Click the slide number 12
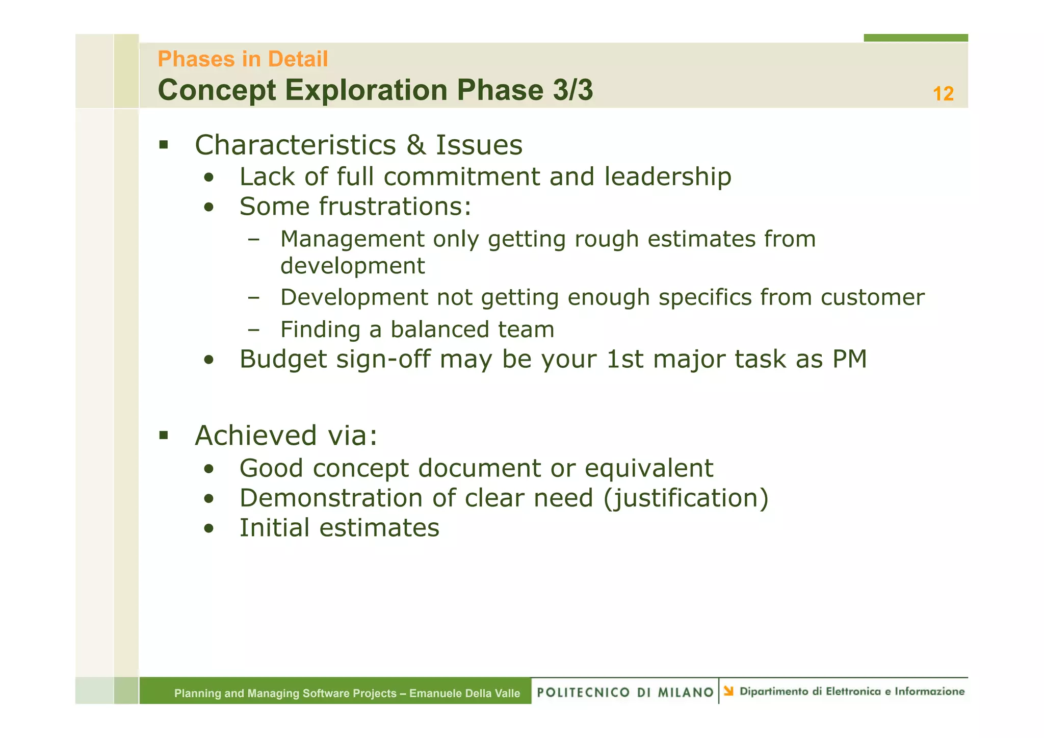click(943, 94)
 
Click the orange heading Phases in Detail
click(243, 59)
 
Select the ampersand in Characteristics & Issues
click(416, 145)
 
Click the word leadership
click(668, 177)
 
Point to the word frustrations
click(395, 207)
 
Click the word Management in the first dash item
click(352, 239)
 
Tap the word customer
click(872, 297)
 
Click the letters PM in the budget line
click(849, 359)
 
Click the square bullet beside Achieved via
click(164, 435)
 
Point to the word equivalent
click(648, 468)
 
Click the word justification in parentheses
click(686, 498)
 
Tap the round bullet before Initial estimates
click(208, 528)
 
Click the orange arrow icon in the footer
click(728, 691)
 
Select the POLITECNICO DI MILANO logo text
click(625, 692)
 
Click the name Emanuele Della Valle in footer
click(464, 693)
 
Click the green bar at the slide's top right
click(916, 38)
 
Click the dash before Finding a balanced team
click(253, 329)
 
